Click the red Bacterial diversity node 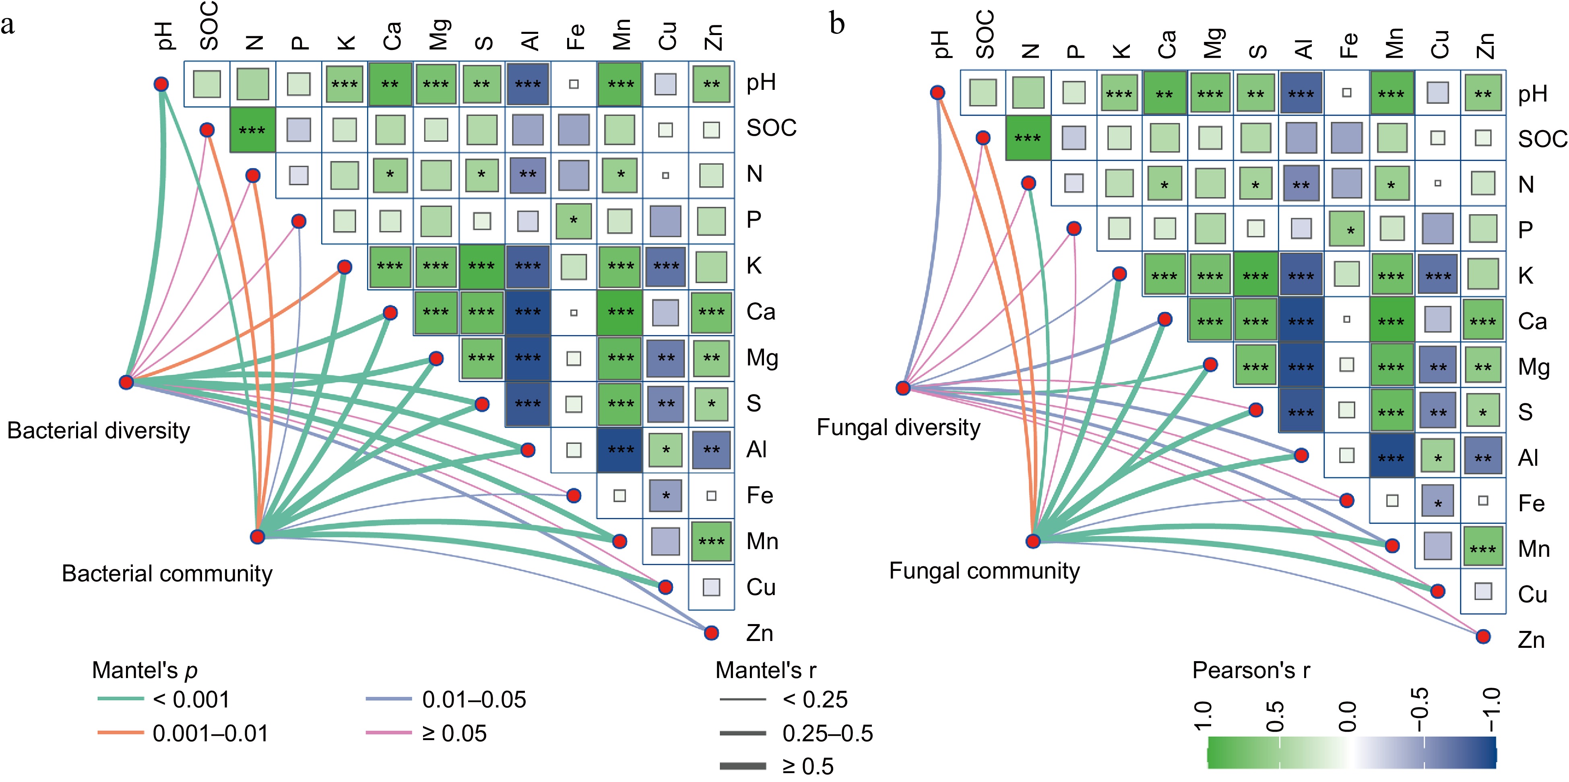pyautogui.click(x=126, y=382)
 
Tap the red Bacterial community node pyautogui.click(x=258, y=536)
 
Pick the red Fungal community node pyautogui.click(x=1033, y=541)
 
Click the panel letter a pyautogui.click(x=8, y=26)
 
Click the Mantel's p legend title pyautogui.click(x=145, y=670)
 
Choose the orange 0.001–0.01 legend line pyautogui.click(x=121, y=732)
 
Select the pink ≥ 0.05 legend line pyautogui.click(x=388, y=732)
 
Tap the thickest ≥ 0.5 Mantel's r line pyautogui.click(x=743, y=765)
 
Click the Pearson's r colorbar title pyautogui.click(x=1251, y=670)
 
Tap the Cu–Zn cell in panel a pyautogui.click(x=711, y=587)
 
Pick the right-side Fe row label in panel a pyautogui.click(x=760, y=495)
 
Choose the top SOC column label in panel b pyautogui.click(x=985, y=35)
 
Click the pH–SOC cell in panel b pyautogui.click(x=983, y=93)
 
